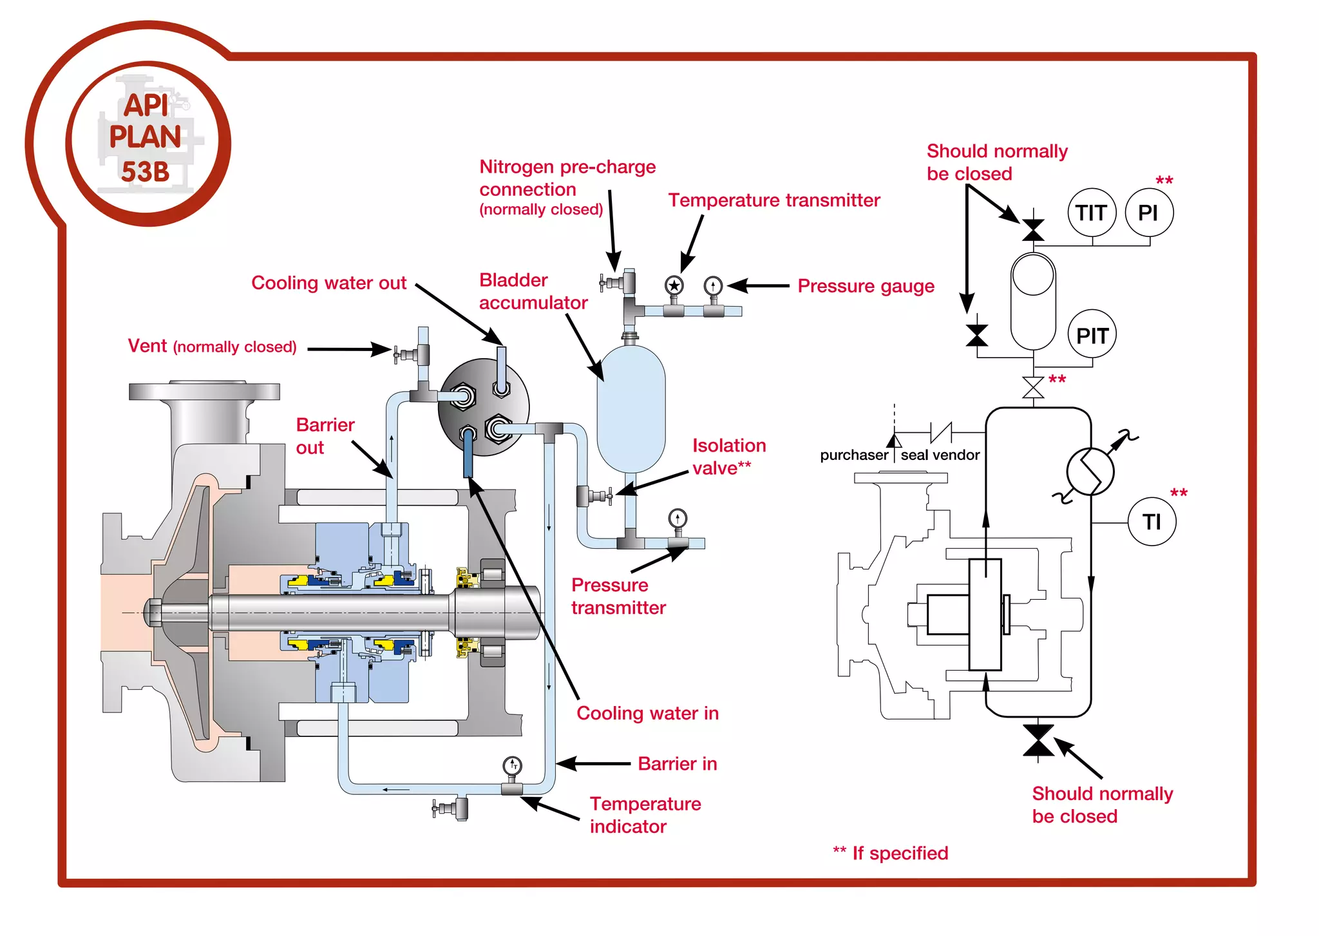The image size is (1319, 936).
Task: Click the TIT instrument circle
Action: (x=1092, y=213)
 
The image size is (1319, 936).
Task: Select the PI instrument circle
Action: (x=1149, y=213)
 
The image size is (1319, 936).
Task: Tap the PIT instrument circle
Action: (x=1092, y=335)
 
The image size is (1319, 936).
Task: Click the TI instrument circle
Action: (x=1152, y=521)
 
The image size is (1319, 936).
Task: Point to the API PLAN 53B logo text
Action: (x=146, y=138)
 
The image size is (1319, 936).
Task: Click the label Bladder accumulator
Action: (x=533, y=291)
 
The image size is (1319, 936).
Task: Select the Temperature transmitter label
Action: (x=773, y=200)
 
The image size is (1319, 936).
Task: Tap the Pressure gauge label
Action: (x=866, y=286)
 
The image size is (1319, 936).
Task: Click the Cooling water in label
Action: (x=647, y=713)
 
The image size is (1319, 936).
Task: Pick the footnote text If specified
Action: (x=899, y=853)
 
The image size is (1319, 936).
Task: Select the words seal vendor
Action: (x=940, y=455)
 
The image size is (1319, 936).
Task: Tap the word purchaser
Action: (x=853, y=455)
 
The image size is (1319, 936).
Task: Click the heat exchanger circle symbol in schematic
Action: (x=1090, y=472)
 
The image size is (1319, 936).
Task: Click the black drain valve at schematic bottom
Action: (x=1038, y=740)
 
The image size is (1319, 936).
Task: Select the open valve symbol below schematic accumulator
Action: (x=1033, y=388)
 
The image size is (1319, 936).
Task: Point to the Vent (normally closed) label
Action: (x=212, y=347)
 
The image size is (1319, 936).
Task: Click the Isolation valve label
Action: (x=728, y=456)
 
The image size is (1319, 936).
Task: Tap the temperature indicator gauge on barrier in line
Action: (x=512, y=766)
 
